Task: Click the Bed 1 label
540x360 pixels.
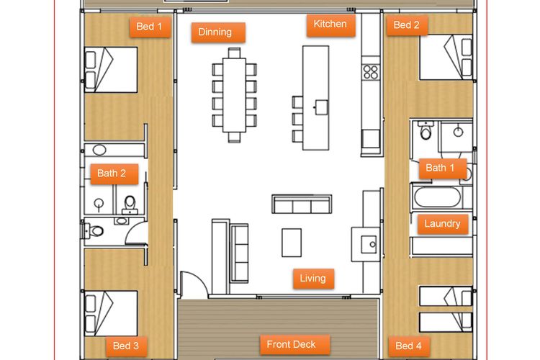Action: pyautogui.click(x=150, y=27)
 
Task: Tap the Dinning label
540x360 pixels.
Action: pyautogui.click(x=218, y=32)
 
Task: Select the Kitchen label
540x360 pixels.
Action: pyautogui.click(x=330, y=24)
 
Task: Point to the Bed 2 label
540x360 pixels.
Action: pyautogui.click(x=407, y=25)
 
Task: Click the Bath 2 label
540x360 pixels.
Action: pyautogui.click(x=114, y=174)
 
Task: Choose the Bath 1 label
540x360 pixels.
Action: pyautogui.click(x=443, y=168)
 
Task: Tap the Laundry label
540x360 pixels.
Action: pyautogui.click(x=443, y=224)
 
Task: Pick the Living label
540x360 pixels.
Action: pyautogui.click(x=313, y=279)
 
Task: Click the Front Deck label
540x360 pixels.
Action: pyautogui.click(x=294, y=344)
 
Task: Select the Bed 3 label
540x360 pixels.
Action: pyautogui.click(x=127, y=346)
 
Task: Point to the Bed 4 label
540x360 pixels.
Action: pyautogui.click(x=409, y=346)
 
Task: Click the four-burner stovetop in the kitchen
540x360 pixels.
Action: pyautogui.click(x=371, y=72)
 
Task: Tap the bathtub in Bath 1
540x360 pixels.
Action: pyautogui.click(x=437, y=197)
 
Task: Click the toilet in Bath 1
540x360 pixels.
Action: pyautogui.click(x=426, y=130)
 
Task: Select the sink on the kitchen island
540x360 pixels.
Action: pyautogui.click(x=321, y=107)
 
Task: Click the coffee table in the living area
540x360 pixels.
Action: pyautogui.click(x=292, y=243)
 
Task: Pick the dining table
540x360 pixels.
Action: pyautogui.click(x=234, y=95)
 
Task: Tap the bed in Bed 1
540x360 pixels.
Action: pyautogui.click(x=111, y=70)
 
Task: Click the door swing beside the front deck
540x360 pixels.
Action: pyautogui.click(x=194, y=283)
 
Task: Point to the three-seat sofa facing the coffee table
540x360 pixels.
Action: pyautogui.click(x=302, y=204)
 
